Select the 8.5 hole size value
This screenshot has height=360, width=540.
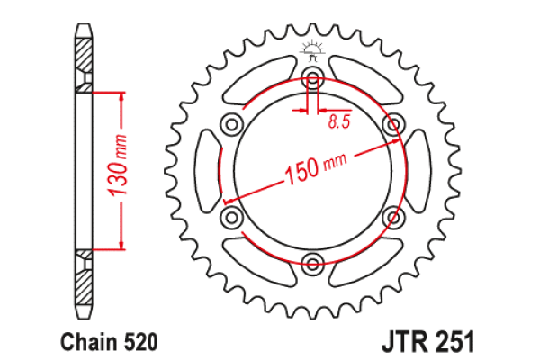339,121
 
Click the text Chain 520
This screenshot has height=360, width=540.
110,342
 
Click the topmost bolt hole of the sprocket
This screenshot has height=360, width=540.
312,75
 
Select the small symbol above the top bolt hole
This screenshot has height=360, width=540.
312,48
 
